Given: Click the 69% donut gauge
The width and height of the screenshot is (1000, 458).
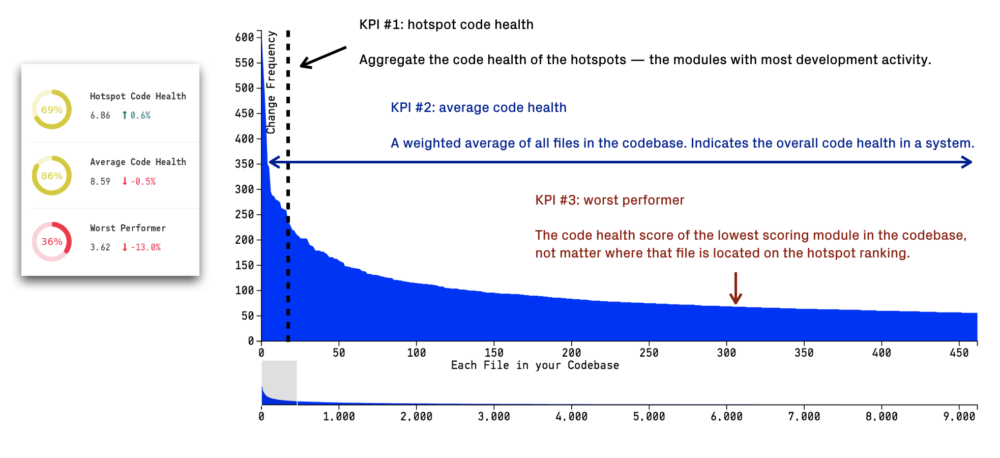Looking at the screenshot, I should (x=52, y=109).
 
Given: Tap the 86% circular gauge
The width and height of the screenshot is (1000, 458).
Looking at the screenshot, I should (x=52, y=176).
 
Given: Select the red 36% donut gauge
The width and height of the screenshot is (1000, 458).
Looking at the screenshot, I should (x=52, y=241).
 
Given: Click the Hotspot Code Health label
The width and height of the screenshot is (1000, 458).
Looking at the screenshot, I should (x=138, y=96).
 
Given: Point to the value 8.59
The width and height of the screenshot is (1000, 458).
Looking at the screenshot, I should (x=100, y=182).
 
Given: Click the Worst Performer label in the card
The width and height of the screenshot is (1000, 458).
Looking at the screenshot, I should (x=128, y=228).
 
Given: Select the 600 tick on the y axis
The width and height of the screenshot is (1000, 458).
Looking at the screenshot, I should (x=245, y=37).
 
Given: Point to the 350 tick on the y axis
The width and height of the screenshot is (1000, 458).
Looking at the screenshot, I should (x=245, y=164).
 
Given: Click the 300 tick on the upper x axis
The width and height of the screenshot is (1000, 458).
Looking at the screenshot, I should (x=726, y=353).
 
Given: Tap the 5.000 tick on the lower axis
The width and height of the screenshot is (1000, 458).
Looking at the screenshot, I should (x=649, y=416).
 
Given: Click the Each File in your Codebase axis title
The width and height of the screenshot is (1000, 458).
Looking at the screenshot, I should (x=535, y=365).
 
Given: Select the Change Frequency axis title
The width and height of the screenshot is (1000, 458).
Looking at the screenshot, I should (x=271, y=82).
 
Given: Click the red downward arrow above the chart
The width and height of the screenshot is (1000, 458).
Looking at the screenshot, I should (x=736, y=289).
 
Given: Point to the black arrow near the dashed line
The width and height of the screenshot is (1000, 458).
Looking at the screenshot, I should (x=322, y=57).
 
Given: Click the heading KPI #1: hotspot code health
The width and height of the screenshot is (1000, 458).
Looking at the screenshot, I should (x=446, y=24).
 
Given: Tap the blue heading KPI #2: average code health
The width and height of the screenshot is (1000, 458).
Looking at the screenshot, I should (x=478, y=107).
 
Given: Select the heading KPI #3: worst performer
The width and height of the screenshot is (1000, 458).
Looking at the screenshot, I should (x=609, y=200).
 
